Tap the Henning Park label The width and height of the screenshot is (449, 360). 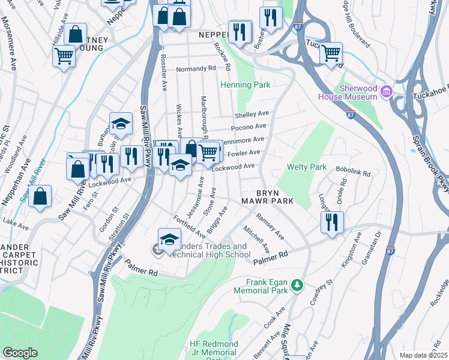click(246, 85)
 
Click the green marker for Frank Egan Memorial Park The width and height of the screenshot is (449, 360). click(296, 287)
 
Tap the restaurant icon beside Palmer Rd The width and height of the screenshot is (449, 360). click(332, 222)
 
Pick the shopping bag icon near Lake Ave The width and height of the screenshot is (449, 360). click(40, 196)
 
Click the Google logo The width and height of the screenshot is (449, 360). click(20, 352)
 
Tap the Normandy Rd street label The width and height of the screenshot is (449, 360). click(196, 69)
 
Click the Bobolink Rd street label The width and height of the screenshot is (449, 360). click(354, 172)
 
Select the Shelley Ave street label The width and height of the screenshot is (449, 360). click(252, 114)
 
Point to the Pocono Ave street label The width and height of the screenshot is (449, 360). click(249, 127)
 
